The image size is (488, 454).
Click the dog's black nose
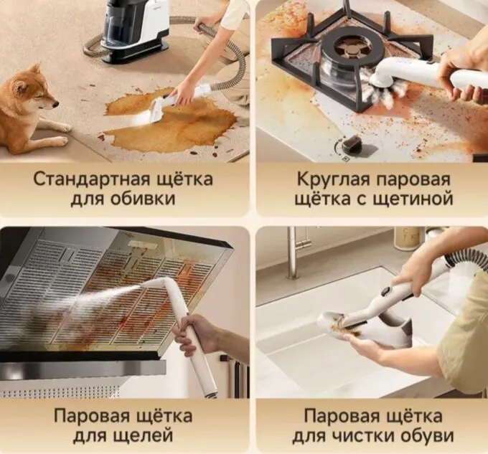coord(56,105)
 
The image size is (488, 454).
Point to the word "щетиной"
coord(413,199)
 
